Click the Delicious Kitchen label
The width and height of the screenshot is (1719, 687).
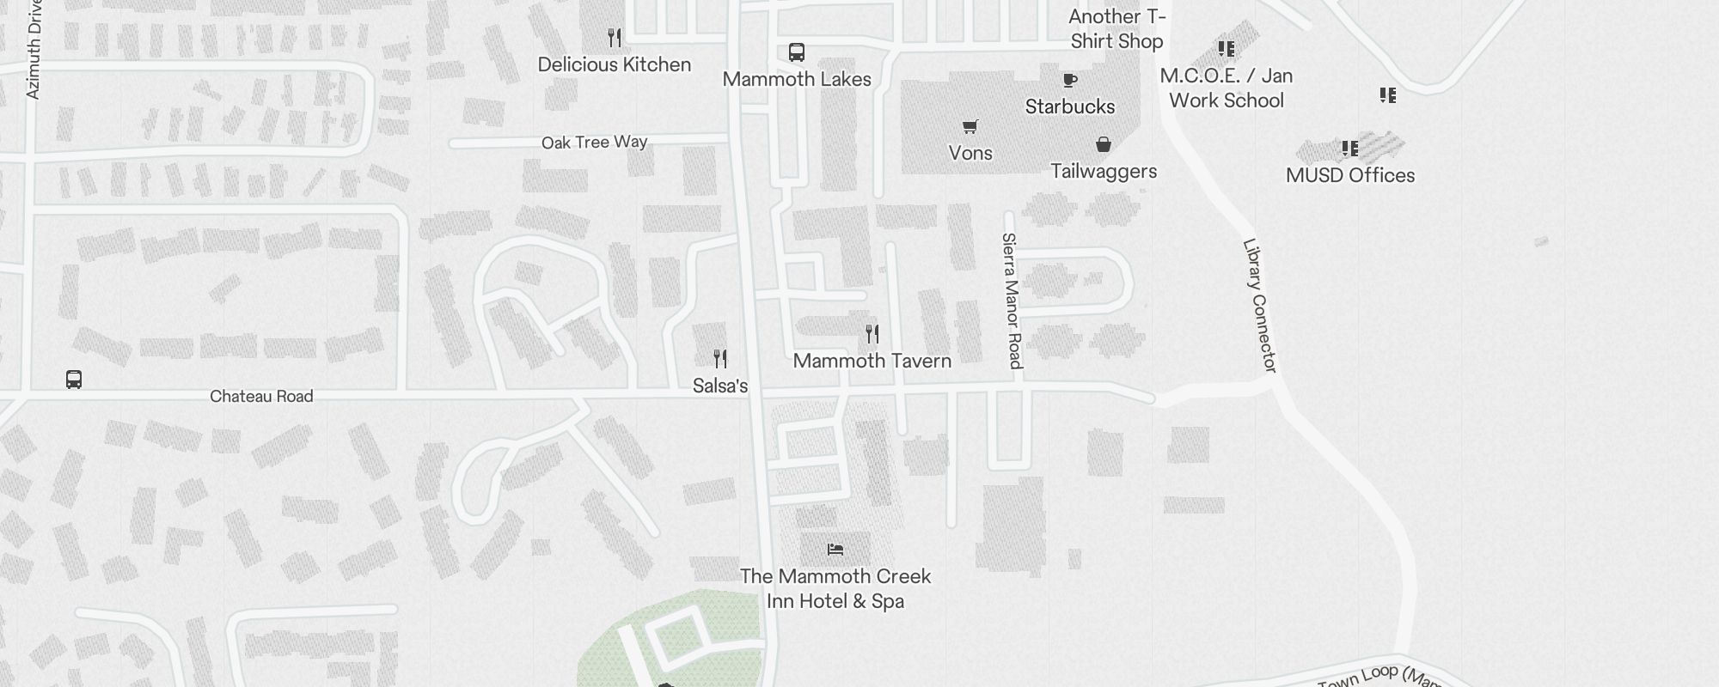(614, 64)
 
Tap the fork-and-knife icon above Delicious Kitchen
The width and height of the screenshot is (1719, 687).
(614, 38)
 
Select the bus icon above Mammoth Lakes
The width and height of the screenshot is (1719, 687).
(797, 52)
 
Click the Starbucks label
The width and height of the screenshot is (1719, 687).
(1069, 106)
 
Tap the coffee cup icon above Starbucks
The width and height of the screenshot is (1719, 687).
(1069, 80)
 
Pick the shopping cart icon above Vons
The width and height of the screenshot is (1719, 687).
(970, 127)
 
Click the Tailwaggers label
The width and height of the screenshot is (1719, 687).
(1103, 171)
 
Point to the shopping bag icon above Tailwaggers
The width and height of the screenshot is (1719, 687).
(1103, 144)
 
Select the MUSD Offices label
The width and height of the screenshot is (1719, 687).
(1349, 175)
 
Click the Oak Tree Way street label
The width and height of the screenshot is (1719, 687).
(594, 143)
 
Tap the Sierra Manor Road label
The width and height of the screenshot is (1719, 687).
(1012, 301)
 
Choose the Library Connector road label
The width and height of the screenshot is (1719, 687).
(1259, 305)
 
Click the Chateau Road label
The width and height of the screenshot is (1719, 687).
(261, 396)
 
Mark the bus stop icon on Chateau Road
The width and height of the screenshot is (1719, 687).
(74, 380)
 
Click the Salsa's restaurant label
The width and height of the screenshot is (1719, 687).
(719, 386)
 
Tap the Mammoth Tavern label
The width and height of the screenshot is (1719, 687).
(872, 361)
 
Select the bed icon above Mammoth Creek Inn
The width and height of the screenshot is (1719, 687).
(835, 550)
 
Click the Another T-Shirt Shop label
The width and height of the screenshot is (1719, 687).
(1116, 28)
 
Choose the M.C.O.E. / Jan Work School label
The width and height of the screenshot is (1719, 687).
(1226, 88)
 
